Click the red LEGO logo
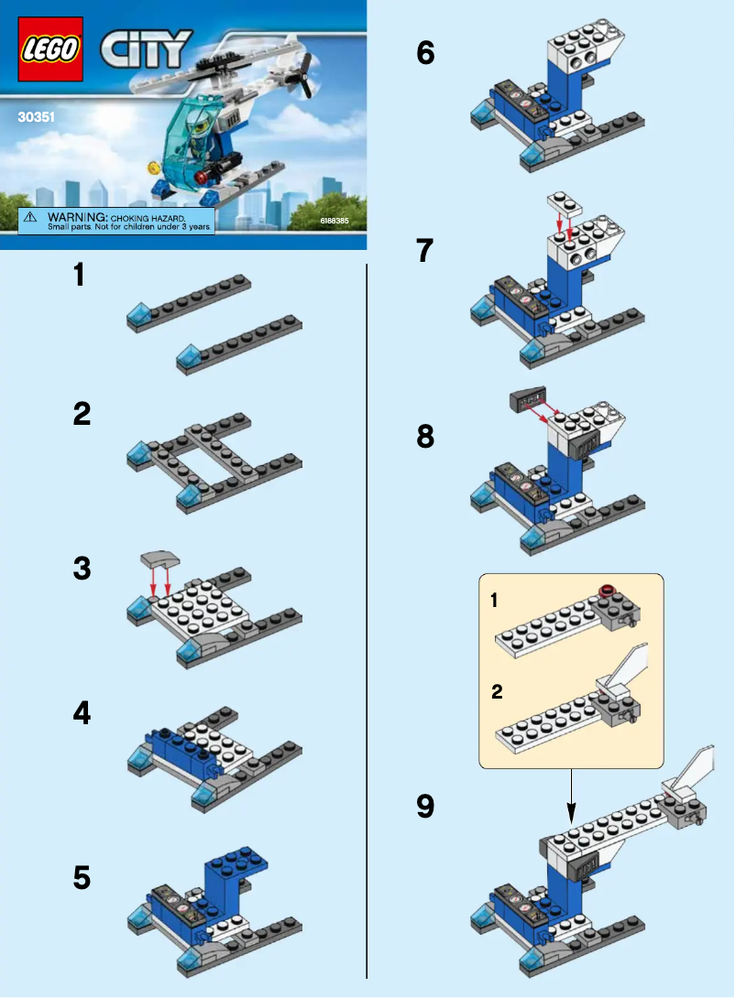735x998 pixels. tap(49, 49)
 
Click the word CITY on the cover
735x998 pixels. tap(146, 49)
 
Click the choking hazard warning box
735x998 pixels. tap(116, 220)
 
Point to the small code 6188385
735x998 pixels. tap(335, 222)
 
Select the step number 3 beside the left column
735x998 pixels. tap(82, 569)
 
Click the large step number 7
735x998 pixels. tap(424, 251)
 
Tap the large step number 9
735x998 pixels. tap(424, 806)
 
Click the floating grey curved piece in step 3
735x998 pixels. tap(158, 559)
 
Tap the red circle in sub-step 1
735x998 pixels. tap(606, 591)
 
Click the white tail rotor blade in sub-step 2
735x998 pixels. tap(631, 663)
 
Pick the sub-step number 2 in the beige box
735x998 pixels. tap(497, 692)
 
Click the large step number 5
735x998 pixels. tap(82, 878)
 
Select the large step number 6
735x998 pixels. tap(425, 53)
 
